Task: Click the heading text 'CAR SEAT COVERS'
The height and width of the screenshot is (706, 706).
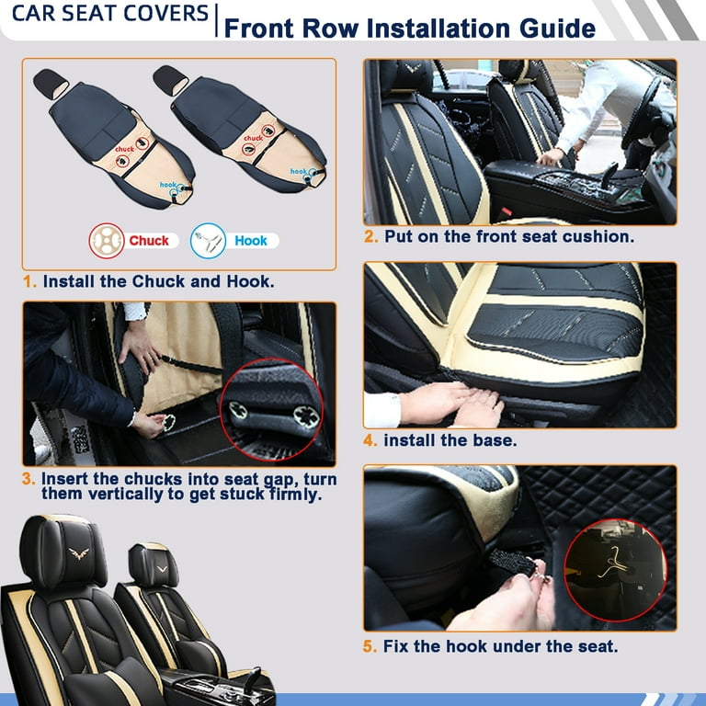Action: [x=105, y=15]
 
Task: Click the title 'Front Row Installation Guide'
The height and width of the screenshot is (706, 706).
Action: [x=410, y=27]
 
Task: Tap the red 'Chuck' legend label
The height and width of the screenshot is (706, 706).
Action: [x=149, y=241]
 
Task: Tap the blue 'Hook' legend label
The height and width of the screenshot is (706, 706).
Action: [x=250, y=241]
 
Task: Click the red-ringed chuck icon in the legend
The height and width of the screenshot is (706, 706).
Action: [x=107, y=241]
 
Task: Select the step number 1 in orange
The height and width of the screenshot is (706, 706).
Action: [x=28, y=281]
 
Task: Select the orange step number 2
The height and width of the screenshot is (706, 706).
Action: [x=370, y=236]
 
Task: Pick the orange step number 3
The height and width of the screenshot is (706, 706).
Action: [x=28, y=480]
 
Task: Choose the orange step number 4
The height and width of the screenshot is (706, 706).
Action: [x=370, y=440]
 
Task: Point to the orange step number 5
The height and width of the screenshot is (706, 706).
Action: [x=370, y=646]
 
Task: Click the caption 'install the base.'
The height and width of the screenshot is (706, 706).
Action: [x=450, y=440]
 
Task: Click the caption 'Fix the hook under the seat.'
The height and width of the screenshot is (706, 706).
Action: [x=500, y=646]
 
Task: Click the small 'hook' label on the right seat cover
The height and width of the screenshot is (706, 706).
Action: [x=300, y=172]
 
